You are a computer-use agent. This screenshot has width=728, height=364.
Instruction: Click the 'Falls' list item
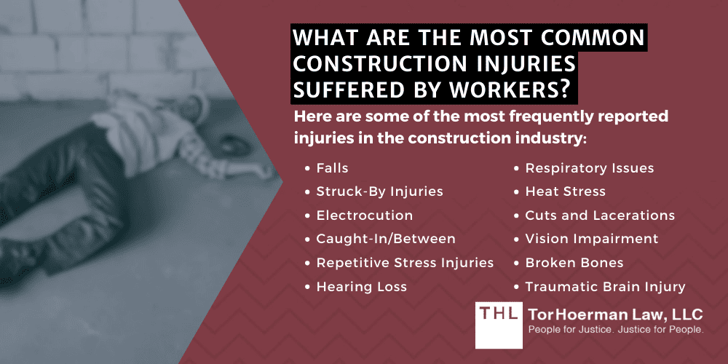click(x=332, y=168)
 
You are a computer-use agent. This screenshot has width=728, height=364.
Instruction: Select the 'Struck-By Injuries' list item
click(x=379, y=192)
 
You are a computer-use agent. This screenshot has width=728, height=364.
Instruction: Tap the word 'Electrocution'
click(x=364, y=215)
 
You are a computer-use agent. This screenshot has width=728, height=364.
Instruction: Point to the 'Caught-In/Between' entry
click(x=385, y=239)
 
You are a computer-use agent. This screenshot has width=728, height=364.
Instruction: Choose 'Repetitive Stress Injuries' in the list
click(x=405, y=263)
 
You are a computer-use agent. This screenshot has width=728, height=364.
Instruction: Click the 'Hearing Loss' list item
click(x=361, y=287)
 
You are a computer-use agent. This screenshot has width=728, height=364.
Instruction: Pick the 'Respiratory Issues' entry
click(x=589, y=168)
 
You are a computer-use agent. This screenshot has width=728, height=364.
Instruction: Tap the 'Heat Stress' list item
click(x=565, y=192)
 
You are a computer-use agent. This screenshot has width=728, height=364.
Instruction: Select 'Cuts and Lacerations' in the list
click(x=599, y=215)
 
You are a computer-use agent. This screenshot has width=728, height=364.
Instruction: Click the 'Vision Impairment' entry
click(x=591, y=239)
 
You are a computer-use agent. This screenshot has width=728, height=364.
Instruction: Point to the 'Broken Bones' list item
click(x=574, y=263)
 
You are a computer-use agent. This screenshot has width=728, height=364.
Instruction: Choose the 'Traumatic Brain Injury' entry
click(x=605, y=287)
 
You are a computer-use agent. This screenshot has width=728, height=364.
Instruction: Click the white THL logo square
click(x=499, y=324)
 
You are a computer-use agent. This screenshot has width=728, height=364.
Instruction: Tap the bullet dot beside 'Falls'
click(x=308, y=168)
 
